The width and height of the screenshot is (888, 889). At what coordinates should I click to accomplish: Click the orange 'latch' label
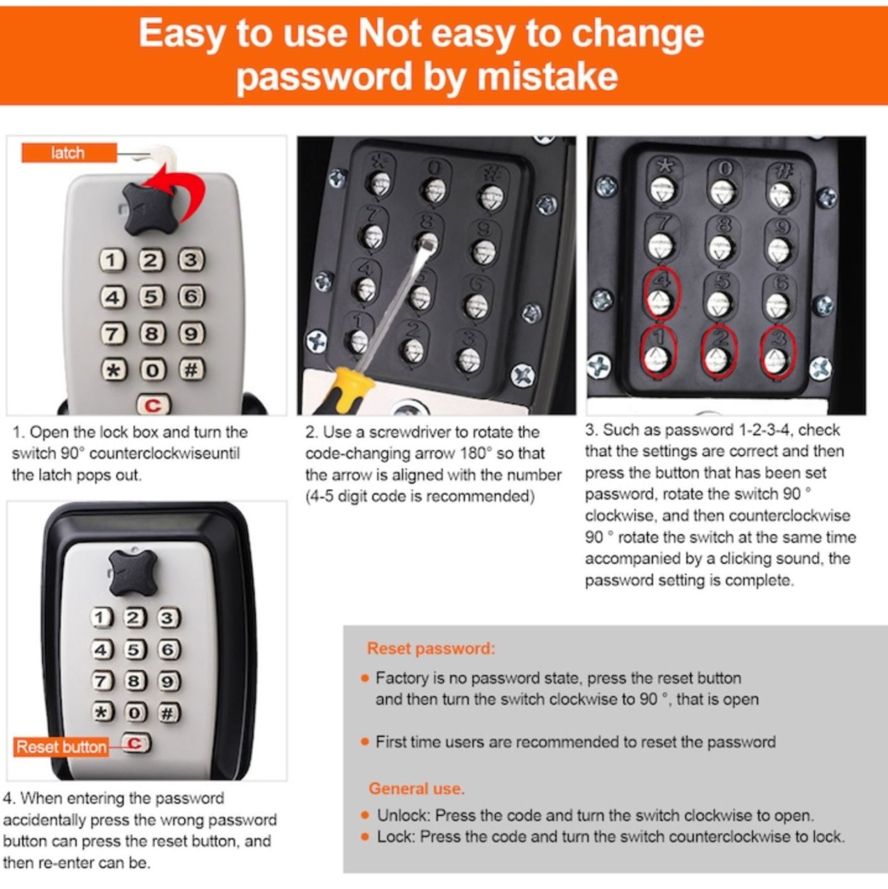pyautogui.click(x=69, y=153)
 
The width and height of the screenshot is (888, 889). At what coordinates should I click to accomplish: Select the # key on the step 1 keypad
pyautogui.click(x=192, y=369)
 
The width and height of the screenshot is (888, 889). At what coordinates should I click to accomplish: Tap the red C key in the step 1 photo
pyautogui.click(x=153, y=405)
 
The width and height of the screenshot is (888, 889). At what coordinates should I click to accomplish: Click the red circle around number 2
pyautogui.click(x=718, y=352)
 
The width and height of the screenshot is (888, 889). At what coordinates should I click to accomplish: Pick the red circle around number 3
pyautogui.click(x=778, y=352)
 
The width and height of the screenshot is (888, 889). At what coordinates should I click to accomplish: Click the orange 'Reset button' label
pyautogui.click(x=61, y=747)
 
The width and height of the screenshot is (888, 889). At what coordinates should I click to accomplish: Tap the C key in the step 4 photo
pyautogui.click(x=135, y=743)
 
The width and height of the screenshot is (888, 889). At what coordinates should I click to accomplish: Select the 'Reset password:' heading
pyautogui.click(x=431, y=649)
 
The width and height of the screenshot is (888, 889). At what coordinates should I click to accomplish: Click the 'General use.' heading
pyautogui.click(x=416, y=788)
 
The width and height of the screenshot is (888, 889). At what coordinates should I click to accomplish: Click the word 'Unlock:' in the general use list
pyautogui.click(x=404, y=815)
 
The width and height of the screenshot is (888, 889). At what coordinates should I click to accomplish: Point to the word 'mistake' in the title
pyautogui.click(x=548, y=76)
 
